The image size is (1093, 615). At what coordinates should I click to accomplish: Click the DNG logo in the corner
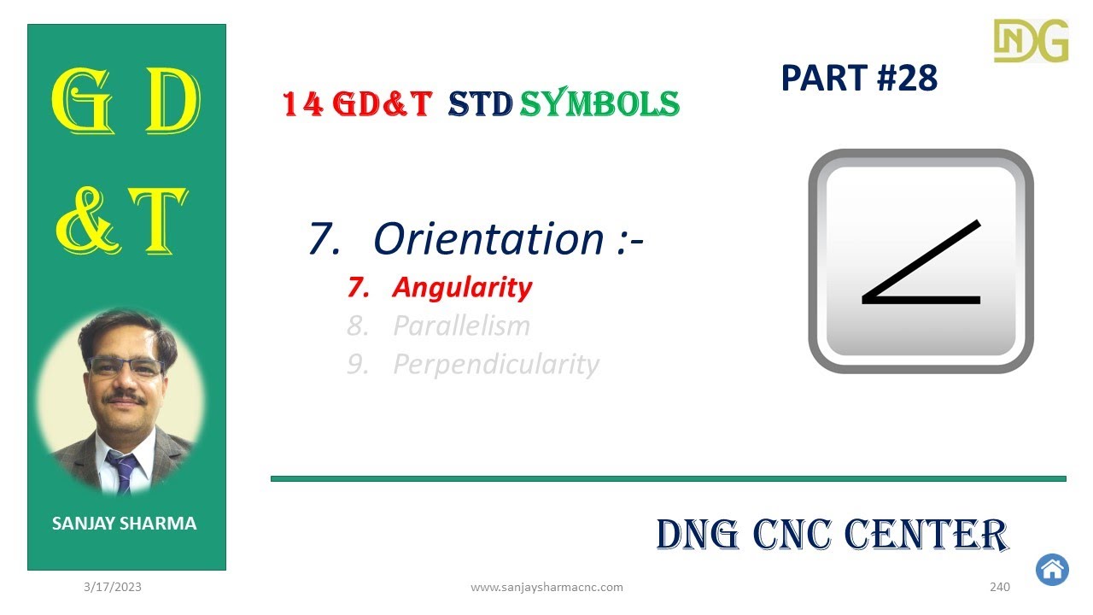(1031, 40)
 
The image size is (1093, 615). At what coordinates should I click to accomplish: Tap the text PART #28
(859, 79)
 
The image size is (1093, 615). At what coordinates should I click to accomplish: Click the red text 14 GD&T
(356, 104)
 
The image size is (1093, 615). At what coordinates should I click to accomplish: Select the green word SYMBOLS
(599, 104)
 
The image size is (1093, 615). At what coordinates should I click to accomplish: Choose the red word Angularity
(462, 287)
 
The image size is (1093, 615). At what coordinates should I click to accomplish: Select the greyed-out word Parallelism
(461, 325)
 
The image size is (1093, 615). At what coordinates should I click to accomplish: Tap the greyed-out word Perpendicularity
(496, 364)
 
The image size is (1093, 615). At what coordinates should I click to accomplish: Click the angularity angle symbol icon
(921, 261)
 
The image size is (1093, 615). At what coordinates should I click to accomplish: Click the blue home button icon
(1052, 569)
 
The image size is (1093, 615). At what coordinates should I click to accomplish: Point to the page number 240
(1000, 587)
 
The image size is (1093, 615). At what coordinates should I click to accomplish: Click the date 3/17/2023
(113, 587)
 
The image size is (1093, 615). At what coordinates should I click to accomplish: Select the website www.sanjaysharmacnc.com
(546, 587)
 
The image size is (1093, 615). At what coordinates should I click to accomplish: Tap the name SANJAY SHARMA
(125, 524)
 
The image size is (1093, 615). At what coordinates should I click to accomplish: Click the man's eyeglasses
(126, 367)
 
